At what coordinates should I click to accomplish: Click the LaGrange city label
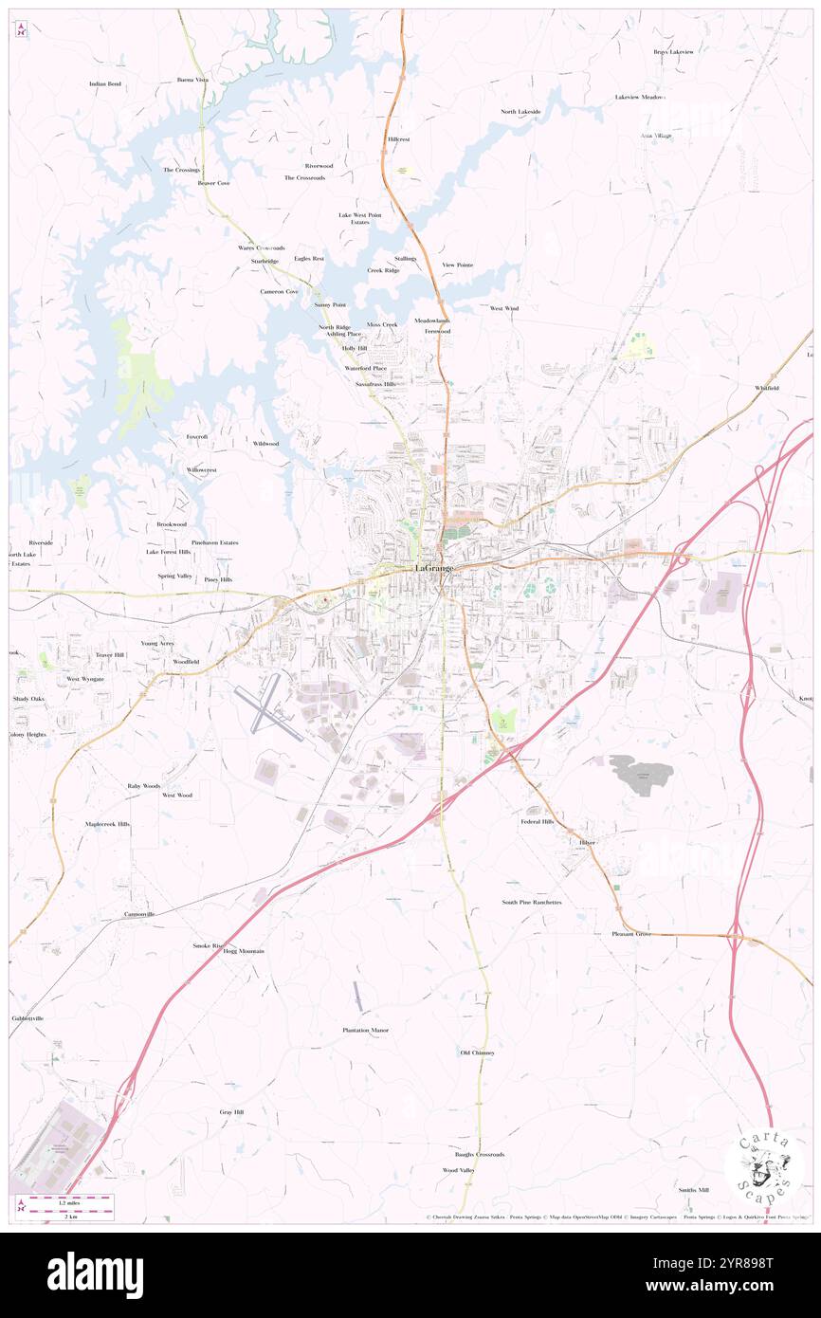435,568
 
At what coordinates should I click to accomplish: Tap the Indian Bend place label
105,83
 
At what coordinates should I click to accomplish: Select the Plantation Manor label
366,1030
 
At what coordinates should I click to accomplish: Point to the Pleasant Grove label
631,934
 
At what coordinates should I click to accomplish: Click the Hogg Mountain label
244,951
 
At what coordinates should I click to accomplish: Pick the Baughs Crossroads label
479,1154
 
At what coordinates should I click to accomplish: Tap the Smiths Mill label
693,1189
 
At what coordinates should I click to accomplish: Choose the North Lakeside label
520,112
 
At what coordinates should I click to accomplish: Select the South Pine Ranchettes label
532,902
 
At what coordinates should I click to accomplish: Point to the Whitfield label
767,388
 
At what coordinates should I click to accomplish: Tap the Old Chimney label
478,1053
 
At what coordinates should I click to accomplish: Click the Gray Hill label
231,1111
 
